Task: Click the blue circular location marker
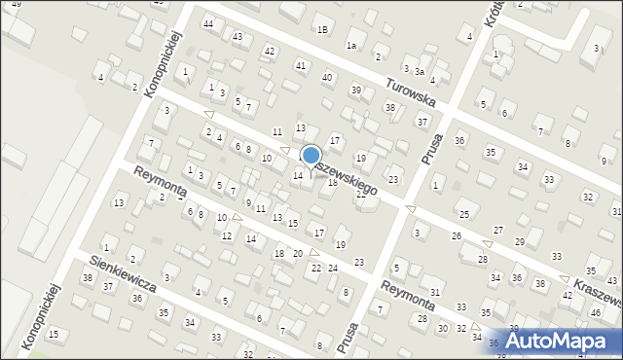(311, 156)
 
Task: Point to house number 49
(15, 5)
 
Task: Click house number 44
(207, 22)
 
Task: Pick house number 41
(301, 65)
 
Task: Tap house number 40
(327, 77)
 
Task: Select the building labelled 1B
(321, 29)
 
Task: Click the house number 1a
(351, 45)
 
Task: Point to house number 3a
(420, 71)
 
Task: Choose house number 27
(498, 230)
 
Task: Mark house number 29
(520, 241)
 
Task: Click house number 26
(456, 236)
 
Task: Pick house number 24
(332, 268)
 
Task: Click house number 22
(315, 268)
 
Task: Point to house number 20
(298, 253)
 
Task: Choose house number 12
(226, 235)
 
